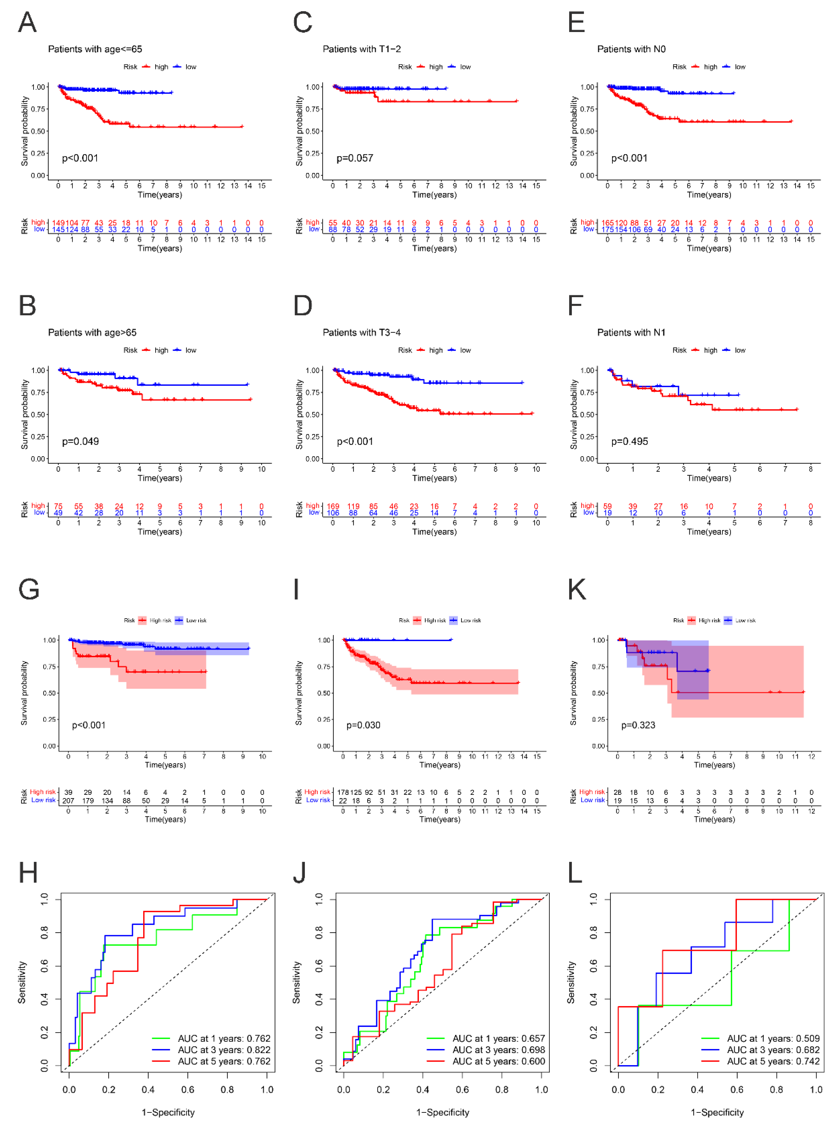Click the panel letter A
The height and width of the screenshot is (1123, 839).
28,23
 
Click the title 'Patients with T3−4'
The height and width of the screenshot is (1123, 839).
361,333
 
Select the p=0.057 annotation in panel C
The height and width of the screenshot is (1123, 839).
355,158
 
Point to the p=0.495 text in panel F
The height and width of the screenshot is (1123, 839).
629,442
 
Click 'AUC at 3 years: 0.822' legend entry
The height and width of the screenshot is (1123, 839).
224,1050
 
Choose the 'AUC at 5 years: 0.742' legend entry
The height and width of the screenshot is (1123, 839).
773,1062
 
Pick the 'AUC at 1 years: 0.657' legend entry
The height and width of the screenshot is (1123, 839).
498,1039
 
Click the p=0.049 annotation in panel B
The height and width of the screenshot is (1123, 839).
80,442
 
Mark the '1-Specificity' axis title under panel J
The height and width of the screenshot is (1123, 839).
443,1112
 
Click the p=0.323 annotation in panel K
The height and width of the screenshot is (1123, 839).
638,726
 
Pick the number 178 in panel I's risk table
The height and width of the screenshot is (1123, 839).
343,792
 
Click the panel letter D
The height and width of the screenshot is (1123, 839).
303,306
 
